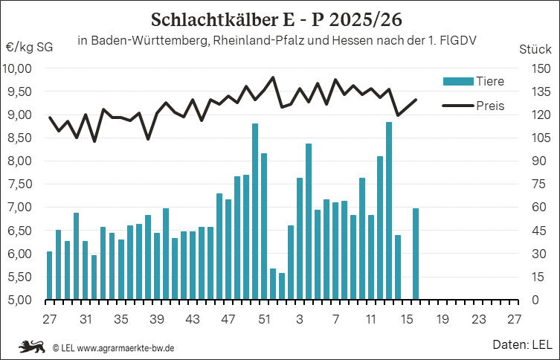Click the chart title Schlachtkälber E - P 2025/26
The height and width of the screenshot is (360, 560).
(x=280, y=17)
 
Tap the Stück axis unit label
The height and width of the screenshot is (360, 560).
(x=534, y=49)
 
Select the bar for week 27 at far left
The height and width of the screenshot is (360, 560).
(x=50, y=275)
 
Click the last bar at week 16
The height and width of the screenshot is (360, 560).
(x=416, y=254)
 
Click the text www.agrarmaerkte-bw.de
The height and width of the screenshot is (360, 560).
(x=126, y=347)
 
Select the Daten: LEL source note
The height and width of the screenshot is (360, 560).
(x=521, y=345)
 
